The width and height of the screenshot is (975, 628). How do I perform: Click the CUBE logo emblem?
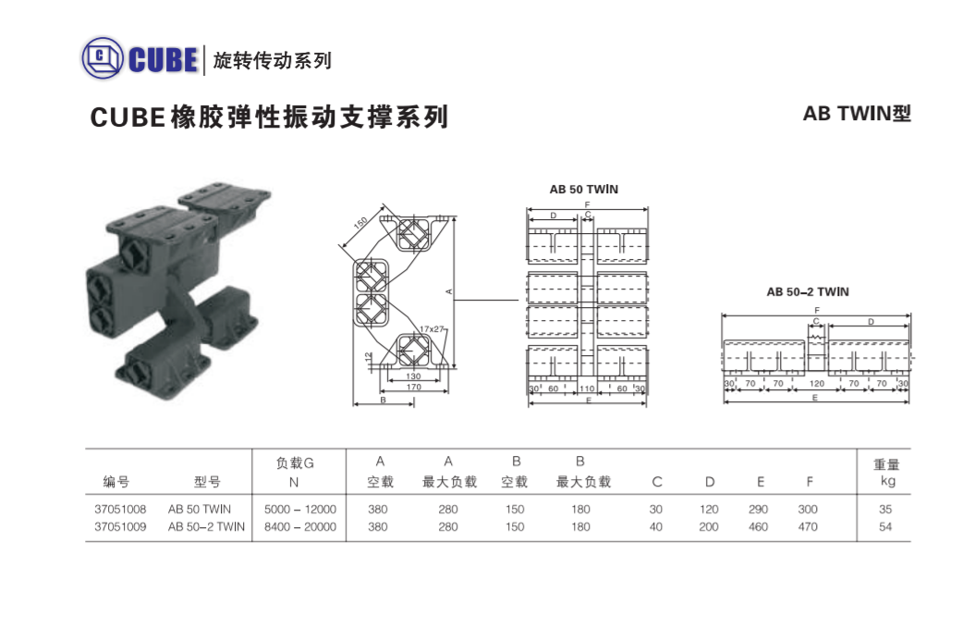click(x=103, y=58)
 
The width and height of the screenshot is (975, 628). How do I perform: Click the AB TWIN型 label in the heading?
click(x=857, y=113)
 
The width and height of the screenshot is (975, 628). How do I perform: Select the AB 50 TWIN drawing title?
click(x=583, y=190)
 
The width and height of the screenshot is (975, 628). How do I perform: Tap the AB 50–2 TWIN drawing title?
click(x=807, y=292)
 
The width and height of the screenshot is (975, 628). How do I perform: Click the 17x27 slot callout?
click(x=432, y=328)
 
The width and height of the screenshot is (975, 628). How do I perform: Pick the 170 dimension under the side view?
click(x=413, y=388)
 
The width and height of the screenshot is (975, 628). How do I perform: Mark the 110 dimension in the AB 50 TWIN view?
click(x=587, y=388)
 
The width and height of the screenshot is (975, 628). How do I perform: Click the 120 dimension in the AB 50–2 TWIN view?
click(x=816, y=384)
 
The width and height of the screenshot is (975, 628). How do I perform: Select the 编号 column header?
click(x=116, y=481)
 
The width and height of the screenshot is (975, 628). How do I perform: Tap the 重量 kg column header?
click(x=886, y=473)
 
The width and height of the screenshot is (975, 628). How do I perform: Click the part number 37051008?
click(x=120, y=509)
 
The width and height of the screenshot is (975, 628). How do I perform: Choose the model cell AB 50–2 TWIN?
click(x=206, y=526)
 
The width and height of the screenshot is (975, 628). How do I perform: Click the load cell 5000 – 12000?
click(x=300, y=509)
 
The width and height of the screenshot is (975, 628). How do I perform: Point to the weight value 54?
click(x=885, y=526)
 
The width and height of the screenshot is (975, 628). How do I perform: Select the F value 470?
click(x=808, y=526)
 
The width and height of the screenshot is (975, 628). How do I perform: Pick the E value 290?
click(x=758, y=509)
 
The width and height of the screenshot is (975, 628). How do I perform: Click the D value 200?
click(x=708, y=526)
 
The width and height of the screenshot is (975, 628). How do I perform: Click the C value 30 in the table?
click(x=655, y=509)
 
